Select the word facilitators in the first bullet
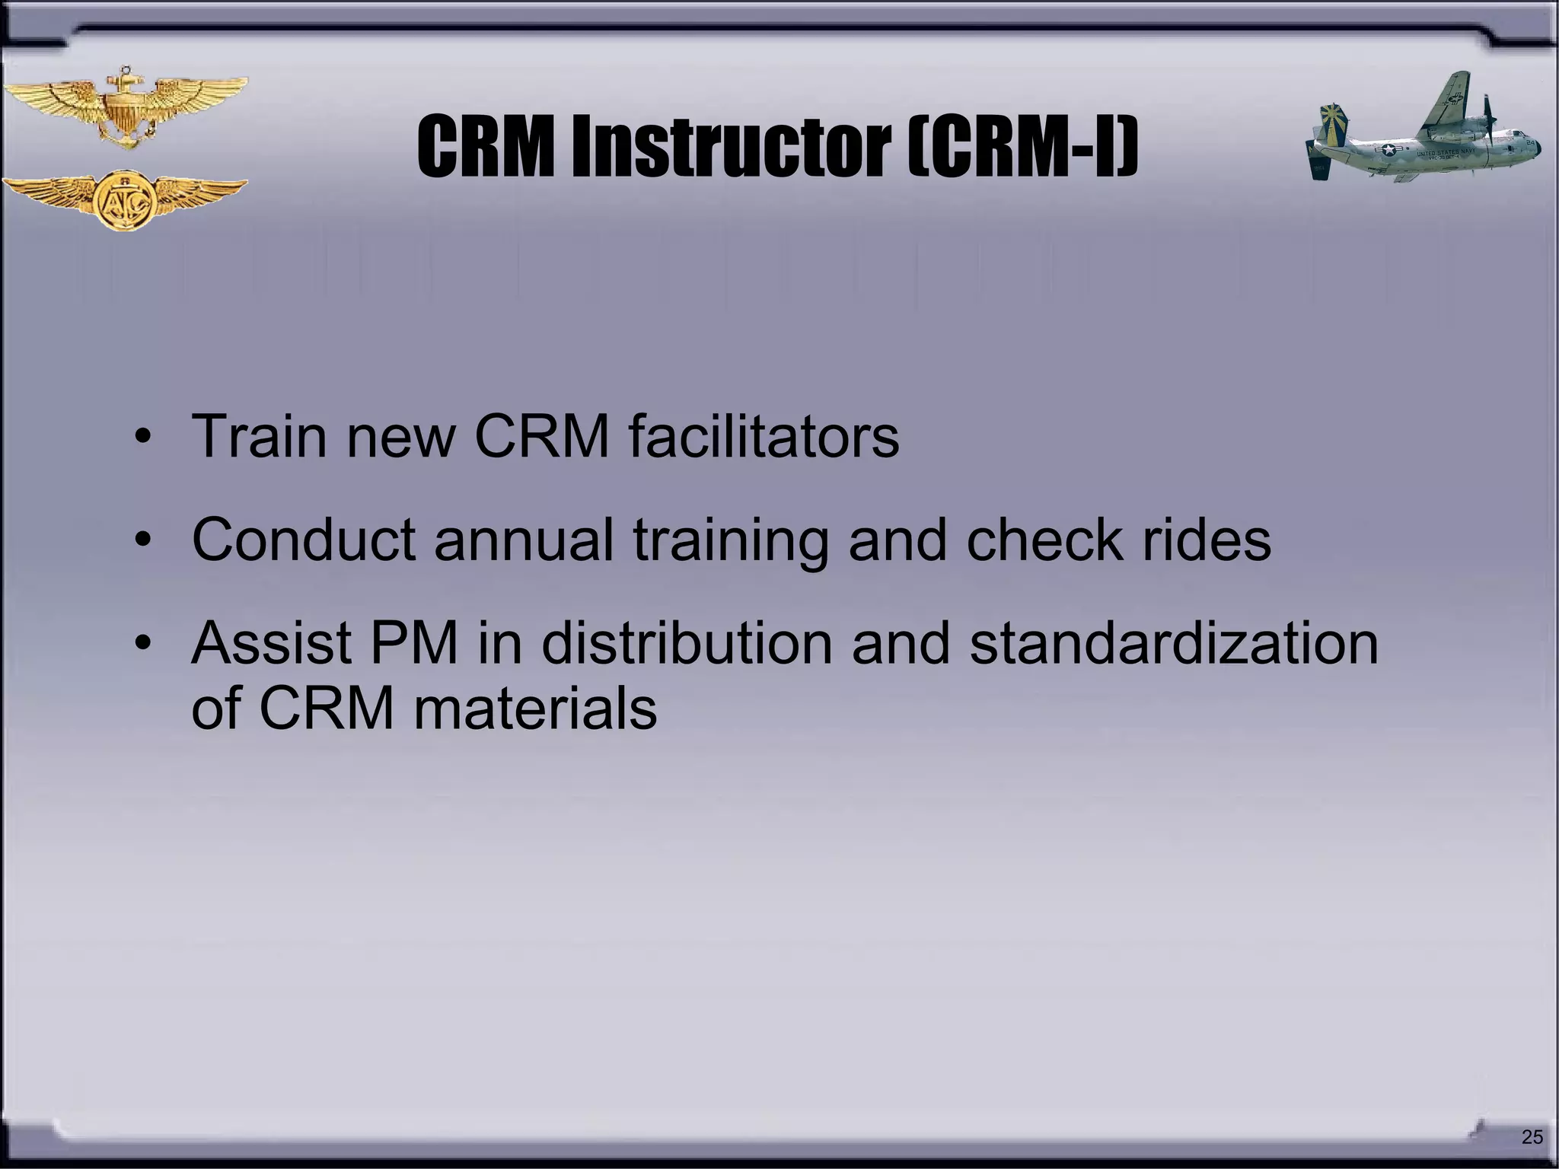(764, 437)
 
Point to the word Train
(258, 437)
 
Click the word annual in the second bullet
(524, 540)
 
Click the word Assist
(271, 644)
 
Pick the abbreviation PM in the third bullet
(414, 644)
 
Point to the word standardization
(1173, 644)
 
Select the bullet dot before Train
(142, 438)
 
